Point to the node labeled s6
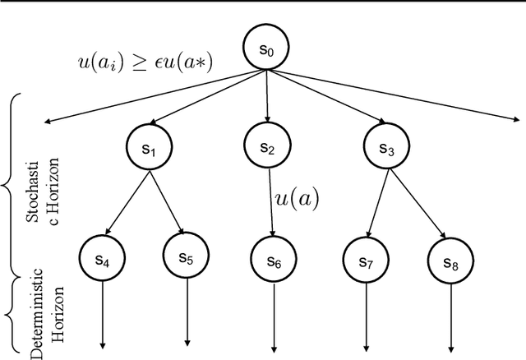tap(272, 261)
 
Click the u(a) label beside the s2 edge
tap(297, 198)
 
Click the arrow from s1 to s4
tap(122, 203)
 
